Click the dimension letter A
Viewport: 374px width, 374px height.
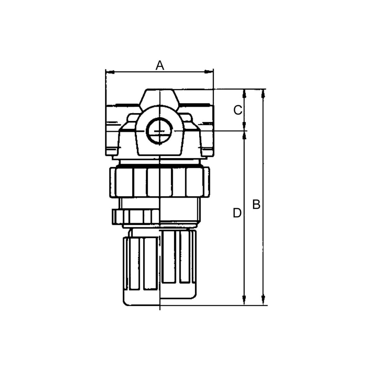coord(160,65)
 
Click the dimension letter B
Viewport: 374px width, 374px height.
coord(256,204)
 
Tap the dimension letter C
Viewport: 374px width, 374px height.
coord(238,110)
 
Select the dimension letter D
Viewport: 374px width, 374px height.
coord(237,213)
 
